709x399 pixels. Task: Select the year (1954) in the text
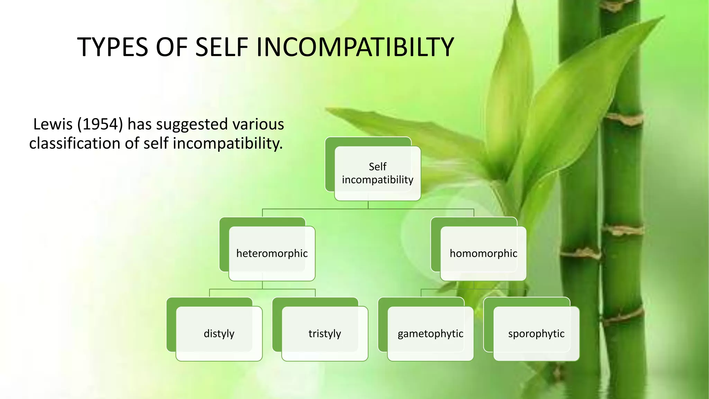point(100,124)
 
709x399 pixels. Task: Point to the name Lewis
point(53,124)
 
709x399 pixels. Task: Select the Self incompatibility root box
point(377,173)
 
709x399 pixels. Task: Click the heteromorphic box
point(272,254)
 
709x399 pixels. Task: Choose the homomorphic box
point(483,254)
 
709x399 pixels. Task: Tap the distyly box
point(219,334)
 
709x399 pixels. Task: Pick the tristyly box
point(325,334)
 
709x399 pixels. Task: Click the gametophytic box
point(430,334)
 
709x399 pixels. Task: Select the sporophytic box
point(536,334)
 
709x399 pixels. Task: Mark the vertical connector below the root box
point(368,205)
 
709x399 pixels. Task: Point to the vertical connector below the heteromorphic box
point(262,285)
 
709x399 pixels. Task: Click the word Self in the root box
point(377,167)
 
